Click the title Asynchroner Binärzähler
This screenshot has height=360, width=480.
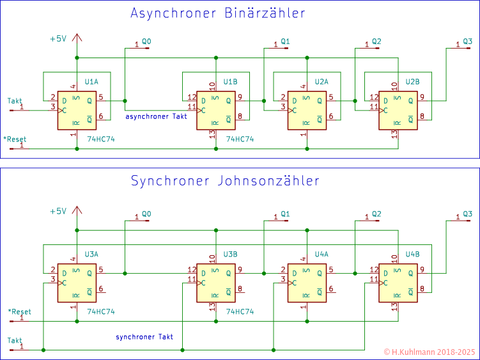point(217,13)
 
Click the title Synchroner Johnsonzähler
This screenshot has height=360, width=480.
point(224,180)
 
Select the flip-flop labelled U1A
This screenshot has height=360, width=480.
point(76,110)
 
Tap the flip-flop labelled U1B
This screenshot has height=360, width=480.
point(216,110)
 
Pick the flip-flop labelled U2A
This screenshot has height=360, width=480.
point(307,110)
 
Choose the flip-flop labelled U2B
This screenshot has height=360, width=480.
point(398,110)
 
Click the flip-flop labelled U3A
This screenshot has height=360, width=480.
point(76,283)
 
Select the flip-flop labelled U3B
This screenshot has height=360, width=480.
point(216,283)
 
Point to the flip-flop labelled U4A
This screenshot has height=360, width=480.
point(307,283)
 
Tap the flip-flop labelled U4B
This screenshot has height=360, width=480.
point(398,283)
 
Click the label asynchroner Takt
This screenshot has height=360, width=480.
point(156,116)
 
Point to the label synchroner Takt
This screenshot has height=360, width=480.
point(144,336)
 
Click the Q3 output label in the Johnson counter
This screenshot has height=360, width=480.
point(468,214)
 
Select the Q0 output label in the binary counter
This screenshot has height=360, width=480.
point(146,41)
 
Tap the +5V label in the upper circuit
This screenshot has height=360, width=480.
point(58,38)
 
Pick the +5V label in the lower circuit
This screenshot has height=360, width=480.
point(58,211)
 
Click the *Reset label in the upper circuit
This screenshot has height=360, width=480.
point(15,139)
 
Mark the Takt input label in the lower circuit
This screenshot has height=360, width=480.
point(15,340)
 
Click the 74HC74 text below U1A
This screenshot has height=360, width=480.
point(100,139)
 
